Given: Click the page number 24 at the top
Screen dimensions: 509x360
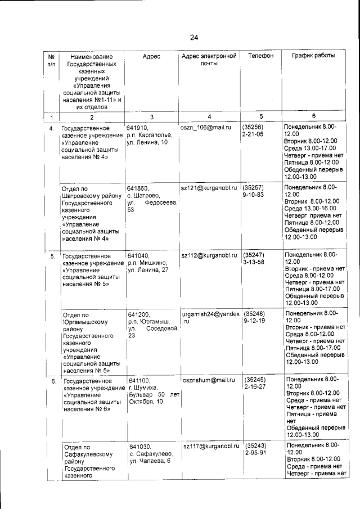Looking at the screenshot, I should click(194, 38).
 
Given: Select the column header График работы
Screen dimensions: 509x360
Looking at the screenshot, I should click(313, 56).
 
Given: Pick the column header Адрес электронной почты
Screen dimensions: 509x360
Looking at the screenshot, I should click(208, 60).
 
